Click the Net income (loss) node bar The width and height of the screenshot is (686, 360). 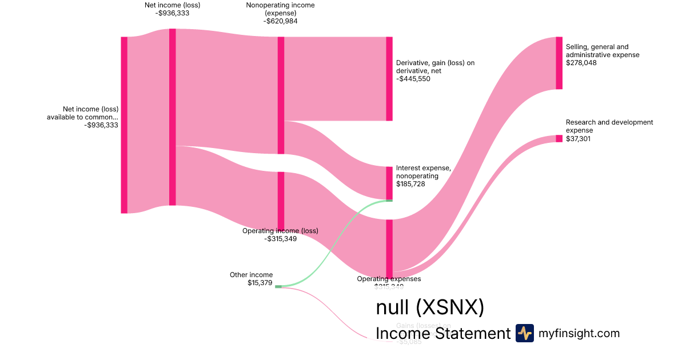172,117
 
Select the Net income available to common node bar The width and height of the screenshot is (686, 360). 124,125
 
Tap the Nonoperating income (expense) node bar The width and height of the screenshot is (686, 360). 281,95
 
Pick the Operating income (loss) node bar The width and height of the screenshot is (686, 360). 281,200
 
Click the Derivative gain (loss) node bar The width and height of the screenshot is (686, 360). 389,79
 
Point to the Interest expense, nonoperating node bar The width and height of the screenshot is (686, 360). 389,183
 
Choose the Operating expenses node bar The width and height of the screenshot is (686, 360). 389,248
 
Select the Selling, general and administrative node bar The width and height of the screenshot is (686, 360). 559,63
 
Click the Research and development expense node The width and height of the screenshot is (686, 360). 559,138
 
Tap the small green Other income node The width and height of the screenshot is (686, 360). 278,286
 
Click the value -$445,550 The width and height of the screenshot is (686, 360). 413,79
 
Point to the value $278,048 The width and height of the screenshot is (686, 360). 581,63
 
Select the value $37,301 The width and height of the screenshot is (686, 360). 579,138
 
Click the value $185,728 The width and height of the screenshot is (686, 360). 411,184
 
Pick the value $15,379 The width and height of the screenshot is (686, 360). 260,283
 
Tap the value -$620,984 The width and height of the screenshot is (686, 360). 280,21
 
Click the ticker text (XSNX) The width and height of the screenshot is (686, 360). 450,307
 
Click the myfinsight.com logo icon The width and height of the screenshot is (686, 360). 525,333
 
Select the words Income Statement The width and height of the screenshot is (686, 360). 443,334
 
